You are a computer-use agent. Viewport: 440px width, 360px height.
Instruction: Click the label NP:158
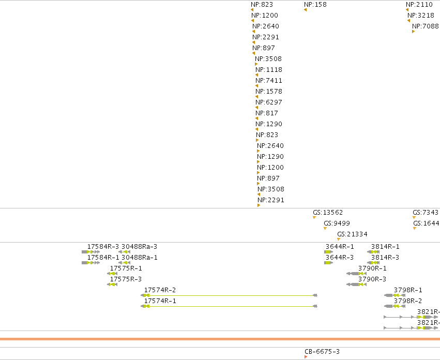pyautogui.click(x=315, y=5)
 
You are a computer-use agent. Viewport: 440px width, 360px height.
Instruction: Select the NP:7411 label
pyautogui.click(x=269, y=81)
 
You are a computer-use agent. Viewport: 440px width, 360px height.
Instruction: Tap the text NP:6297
pyautogui.click(x=269, y=102)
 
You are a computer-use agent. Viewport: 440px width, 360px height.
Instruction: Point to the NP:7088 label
pyautogui.click(x=425, y=26)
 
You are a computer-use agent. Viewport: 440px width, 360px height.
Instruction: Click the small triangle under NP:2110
pyautogui.click(x=407, y=10)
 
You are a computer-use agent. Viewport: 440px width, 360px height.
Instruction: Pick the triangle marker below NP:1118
pyautogui.click(x=257, y=75)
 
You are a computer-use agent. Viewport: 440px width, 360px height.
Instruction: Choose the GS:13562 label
pyautogui.click(x=328, y=213)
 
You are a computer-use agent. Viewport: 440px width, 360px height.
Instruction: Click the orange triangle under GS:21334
pyautogui.click(x=339, y=239)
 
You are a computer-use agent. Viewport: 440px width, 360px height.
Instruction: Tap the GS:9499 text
pyautogui.click(x=337, y=223)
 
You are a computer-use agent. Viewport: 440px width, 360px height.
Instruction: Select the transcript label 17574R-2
pyautogui.click(x=160, y=290)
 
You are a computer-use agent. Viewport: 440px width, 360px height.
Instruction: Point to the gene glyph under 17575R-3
pyautogui.click(x=112, y=284)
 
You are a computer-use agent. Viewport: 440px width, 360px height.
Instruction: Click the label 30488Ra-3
pyautogui.click(x=139, y=247)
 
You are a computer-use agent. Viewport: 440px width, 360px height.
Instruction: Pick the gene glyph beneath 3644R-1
pyautogui.click(x=329, y=252)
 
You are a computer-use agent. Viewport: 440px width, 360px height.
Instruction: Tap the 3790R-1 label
pyautogui.click(x=372, y=268)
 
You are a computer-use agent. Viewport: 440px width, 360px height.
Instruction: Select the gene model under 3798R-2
pyautogui.click(x=395, y=306)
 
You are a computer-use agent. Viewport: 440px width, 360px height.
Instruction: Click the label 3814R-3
pyautogui.click(x=385, y=258)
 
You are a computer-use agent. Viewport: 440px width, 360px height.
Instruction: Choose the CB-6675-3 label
pyautogui.click(x=322, y=352)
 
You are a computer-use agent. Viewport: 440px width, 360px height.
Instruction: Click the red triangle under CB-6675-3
pyautogui.click(x=306, y=357)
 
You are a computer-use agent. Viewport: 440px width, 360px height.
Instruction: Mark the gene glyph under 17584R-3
pyautogui.click(x=90, y=252)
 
